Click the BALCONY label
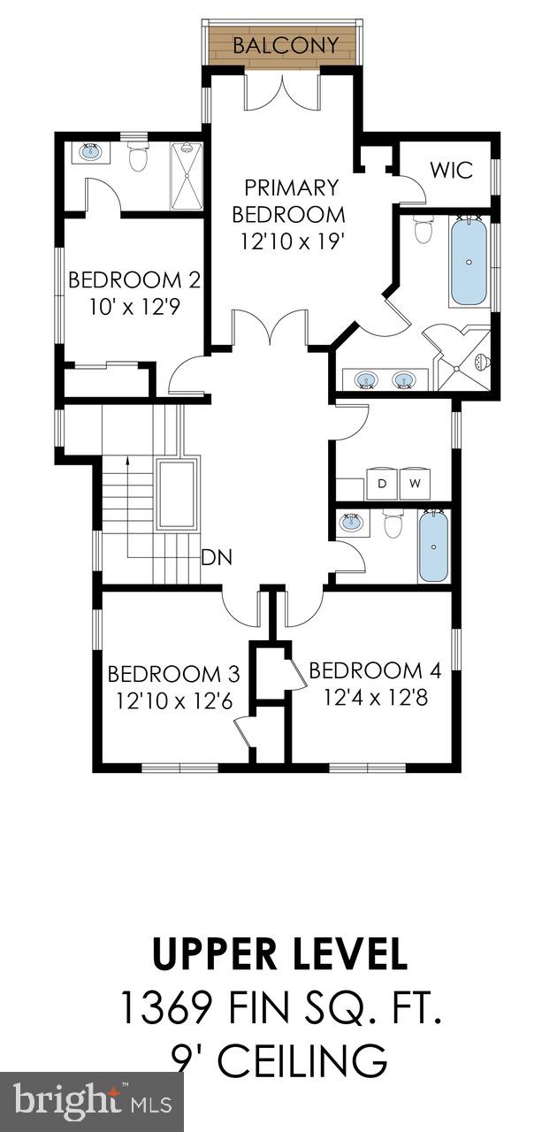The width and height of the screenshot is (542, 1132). [x=286, y=45]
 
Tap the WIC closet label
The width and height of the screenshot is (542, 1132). [x=451, y=169]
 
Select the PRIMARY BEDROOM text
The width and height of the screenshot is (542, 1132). [x=291, y=201]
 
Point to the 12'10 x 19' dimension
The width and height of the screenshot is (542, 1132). [x=292, y=240]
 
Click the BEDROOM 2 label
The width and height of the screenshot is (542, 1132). [x=134, y=280]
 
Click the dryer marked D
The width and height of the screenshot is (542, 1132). [x=382, y=484]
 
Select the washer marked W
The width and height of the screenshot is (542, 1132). [x=415, y=484]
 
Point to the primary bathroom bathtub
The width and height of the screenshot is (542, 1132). [x=468, y=263]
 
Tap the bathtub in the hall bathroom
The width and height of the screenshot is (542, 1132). [x=433, y=547]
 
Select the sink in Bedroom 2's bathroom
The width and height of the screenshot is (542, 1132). [x=90, y=152]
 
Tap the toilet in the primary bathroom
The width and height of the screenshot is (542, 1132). [x=423, y=229]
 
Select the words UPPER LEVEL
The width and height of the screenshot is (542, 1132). [x=280, y=955]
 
